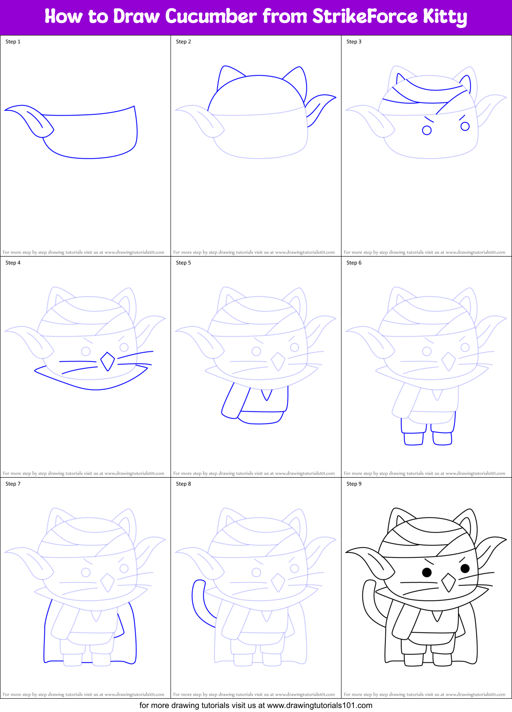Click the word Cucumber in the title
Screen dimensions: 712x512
(211, 17)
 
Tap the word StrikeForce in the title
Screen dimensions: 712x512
(365, 17)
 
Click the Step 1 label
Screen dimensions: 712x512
(13, 42)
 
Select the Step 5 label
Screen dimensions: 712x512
(183, 263)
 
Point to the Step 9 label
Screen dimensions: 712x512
(354, 484)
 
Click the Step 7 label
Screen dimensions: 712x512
(13, 484)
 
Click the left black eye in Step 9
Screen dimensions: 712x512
(427, 572)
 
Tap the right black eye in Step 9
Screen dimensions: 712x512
(465, 568)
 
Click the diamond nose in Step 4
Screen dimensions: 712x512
(107, 362)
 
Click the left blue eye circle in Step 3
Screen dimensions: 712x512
(427, 130)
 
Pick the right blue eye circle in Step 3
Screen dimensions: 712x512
(465, 126)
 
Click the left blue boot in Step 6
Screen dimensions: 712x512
(413, 439)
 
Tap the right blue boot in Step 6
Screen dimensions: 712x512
(442, 438)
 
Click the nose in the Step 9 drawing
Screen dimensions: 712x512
(448, 582)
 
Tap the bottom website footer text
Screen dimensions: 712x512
(256, 705)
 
